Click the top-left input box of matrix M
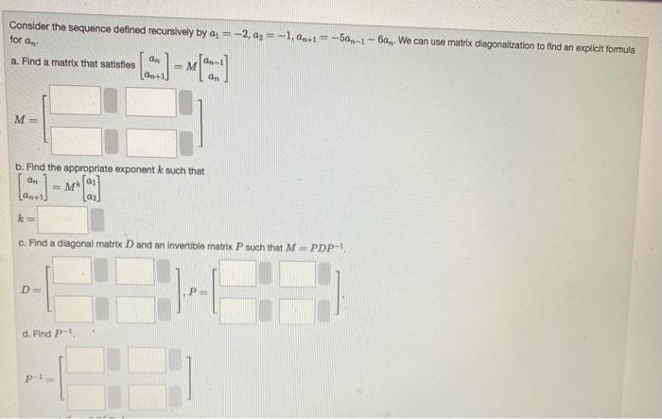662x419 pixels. (x=75, y=101)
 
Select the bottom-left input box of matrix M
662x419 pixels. (x=75, y=143)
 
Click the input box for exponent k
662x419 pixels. (x=62, y=220)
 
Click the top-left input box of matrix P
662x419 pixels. (x=239, y=273)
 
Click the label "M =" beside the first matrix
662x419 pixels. (x=20, y=120)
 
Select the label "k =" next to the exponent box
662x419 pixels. (x=21, y=220)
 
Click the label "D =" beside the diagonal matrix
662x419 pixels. (x=32, y=288)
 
